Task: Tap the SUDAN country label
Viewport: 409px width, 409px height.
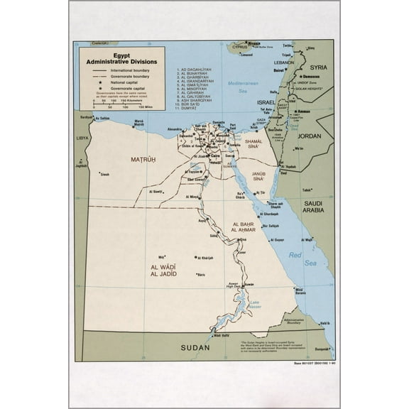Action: (x=195, y=347)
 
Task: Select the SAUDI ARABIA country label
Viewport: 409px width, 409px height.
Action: (x=314, y=206)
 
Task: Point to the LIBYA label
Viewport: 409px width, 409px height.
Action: (x=83, y=138)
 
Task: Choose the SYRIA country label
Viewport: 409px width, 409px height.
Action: (x=318, y=67)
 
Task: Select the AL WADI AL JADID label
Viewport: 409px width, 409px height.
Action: (x=163, y=270)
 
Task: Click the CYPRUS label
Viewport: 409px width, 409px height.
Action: (x=249, y=47)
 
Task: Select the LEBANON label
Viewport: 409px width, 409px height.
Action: (x=283, y=62)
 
